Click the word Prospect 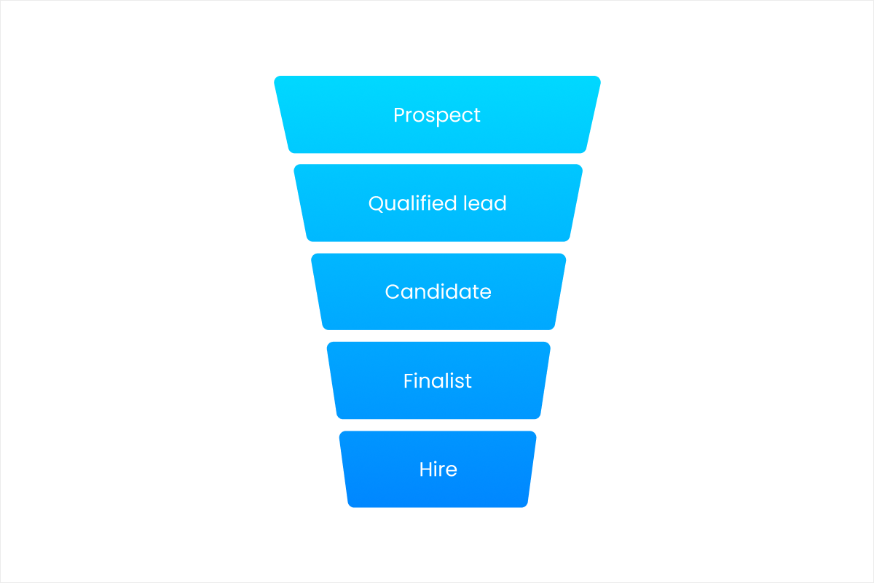pyautogui.click(x=437, y=115)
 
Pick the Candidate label pyautogui.click(x=438, y=292)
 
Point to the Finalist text pyautogui.click(x=438, y=380)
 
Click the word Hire pyautogui.click(x=438, y=469)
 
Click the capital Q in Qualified pyautogui.click(x=376, y=203)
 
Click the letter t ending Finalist pyautogui.click(x=468, y=380)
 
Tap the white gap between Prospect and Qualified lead pyautogui.click(x=438, y=159)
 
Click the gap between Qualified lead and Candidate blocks pyautogui.click(x=438, y=248)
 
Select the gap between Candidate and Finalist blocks pyautogui.click(x=438, y=336)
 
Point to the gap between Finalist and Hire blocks pyautogui.click(x=438, y=425)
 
